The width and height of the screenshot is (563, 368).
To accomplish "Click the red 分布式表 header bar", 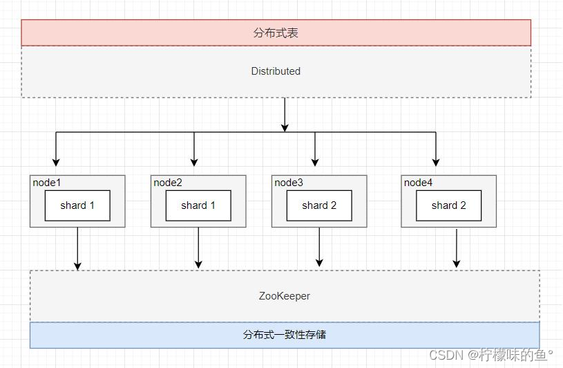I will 276,33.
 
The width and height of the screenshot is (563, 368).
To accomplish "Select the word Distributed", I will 276,71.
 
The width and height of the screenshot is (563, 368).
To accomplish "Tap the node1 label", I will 46,183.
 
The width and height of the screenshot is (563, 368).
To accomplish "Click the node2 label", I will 168,183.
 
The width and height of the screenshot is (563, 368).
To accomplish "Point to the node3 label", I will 289,183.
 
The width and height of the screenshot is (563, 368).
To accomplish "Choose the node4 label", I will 418,183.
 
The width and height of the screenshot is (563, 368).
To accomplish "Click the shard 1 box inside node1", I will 77,205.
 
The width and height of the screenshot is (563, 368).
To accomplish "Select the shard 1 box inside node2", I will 198,205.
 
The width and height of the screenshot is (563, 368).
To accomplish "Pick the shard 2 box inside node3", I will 319,205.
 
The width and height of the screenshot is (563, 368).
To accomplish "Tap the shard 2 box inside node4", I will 448,205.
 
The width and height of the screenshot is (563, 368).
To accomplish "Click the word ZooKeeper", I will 284,296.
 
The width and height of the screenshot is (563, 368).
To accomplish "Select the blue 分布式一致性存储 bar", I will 284,335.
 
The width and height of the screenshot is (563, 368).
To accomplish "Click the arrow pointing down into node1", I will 56,152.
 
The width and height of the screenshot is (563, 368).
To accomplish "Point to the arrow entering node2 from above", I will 194,152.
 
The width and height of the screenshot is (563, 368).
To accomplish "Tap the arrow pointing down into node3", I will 315,152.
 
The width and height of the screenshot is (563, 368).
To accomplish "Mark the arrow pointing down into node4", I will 436,152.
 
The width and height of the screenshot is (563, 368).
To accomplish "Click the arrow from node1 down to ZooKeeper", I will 77,249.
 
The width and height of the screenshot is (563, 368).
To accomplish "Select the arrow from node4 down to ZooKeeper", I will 457,249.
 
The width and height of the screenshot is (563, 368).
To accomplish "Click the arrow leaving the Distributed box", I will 285,114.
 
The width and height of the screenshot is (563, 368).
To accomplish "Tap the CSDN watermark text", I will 490,355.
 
